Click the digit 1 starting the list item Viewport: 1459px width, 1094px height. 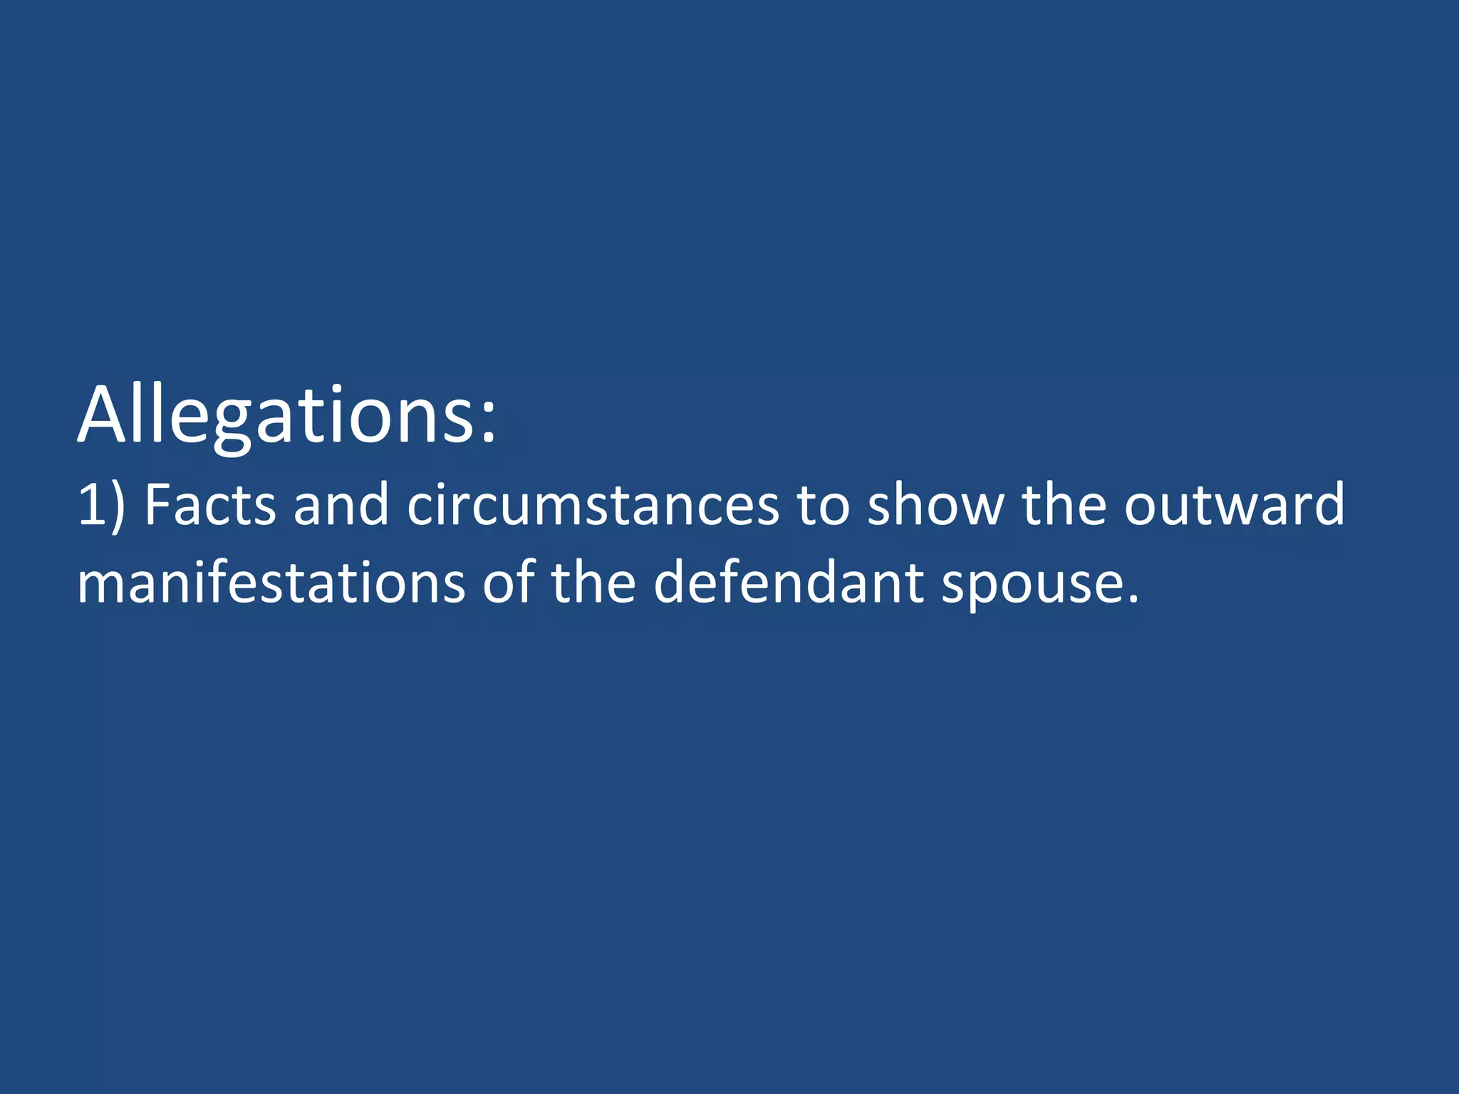click(x=91, y=504)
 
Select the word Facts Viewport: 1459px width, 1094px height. click(x=209, y=504)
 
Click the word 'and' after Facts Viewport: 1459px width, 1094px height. click(x=341, y=504)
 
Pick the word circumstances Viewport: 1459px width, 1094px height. click(x=593, y=504)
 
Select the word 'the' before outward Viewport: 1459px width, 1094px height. click(x=1064, y=504)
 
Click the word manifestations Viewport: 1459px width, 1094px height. click(x=271, y=583)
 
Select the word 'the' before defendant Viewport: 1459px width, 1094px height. click(x=593, y=583)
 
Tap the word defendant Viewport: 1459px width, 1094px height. click(x=788, y=583)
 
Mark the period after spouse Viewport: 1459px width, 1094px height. click(x=1133, y=599)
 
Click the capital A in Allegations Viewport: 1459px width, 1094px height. click(x=106, y=416)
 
